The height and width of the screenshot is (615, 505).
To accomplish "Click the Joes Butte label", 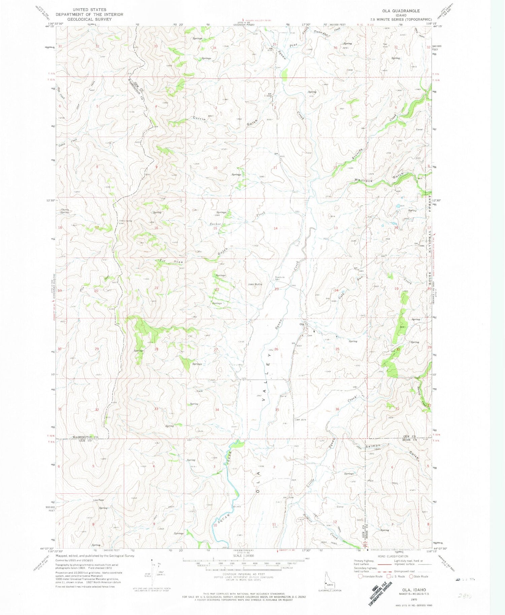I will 255,284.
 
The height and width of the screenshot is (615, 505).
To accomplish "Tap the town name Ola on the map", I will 302,324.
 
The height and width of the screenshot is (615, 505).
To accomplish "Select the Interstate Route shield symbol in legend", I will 361,576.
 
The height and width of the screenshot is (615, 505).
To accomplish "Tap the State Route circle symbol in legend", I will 411,576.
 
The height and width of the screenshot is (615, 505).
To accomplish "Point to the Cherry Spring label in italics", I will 65,211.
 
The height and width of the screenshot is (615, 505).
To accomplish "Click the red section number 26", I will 276,349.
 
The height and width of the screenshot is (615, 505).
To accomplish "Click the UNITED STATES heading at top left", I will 89,10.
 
